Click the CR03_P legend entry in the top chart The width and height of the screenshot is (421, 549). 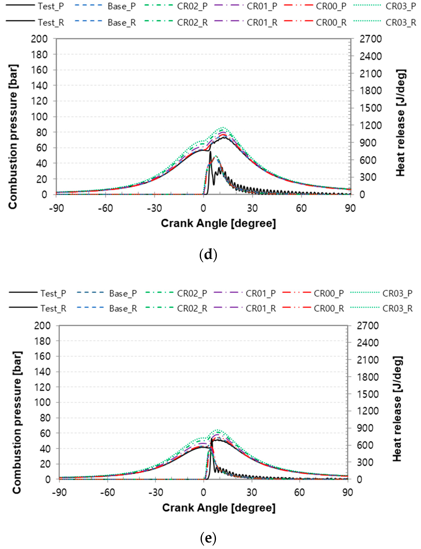400,6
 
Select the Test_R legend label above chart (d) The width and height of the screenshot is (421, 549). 51,23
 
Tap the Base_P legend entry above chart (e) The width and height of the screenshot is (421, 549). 123,293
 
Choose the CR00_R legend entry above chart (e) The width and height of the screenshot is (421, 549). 329,309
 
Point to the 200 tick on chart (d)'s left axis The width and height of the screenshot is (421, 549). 39,39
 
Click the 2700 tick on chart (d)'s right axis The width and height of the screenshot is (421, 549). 370,39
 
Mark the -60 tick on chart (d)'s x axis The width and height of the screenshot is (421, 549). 105,208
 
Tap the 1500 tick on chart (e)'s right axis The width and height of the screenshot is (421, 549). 367,394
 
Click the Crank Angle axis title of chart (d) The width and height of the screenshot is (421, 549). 218,223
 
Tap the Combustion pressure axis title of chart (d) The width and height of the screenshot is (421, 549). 13,137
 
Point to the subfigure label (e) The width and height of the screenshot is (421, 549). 208,538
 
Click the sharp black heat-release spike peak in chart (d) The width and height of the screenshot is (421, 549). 210,152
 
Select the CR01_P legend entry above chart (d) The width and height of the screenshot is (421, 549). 262,6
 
